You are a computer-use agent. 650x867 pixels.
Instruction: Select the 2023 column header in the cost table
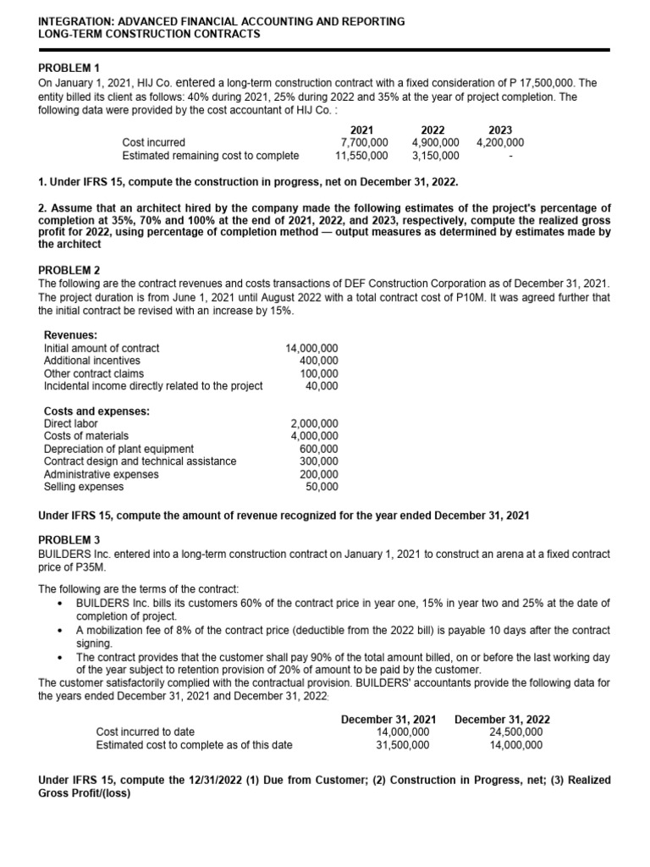click(x=501, y=130)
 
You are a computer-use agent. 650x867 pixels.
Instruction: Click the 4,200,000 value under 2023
click(x=500, y=142)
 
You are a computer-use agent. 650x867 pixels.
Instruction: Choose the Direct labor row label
click(x=70, y=423)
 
